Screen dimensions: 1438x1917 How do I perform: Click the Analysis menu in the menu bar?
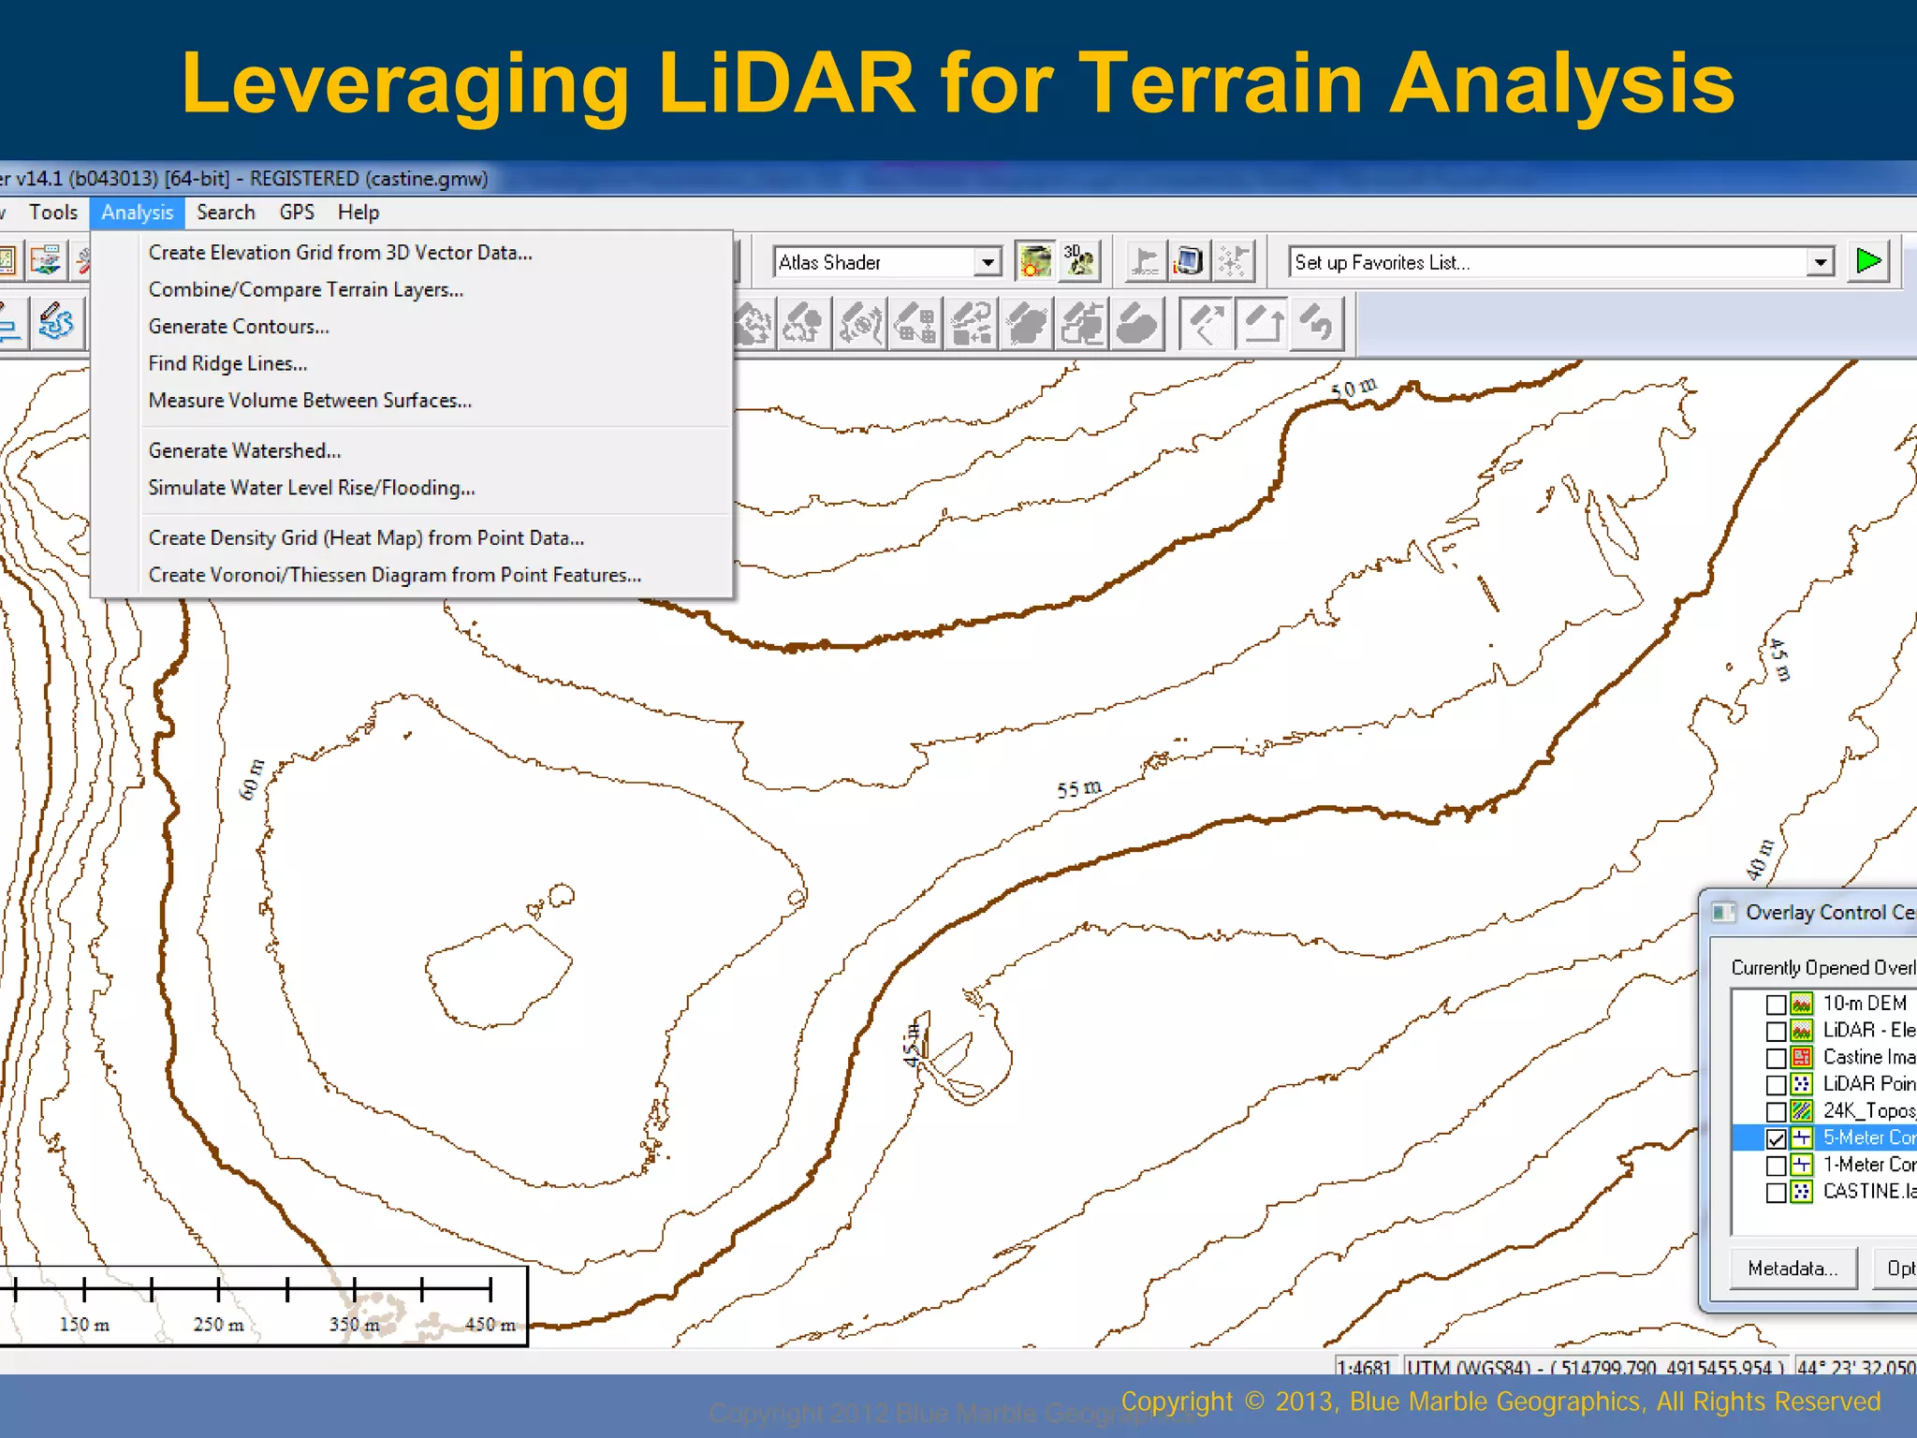click(137, 213)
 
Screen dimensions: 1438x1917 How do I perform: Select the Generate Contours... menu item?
click(239, 327)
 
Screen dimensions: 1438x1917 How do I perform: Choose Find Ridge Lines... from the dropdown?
click(227, 363)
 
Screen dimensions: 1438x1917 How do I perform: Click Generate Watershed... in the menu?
click(244, 450)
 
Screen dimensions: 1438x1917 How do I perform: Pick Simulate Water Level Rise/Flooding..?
click(312, 488)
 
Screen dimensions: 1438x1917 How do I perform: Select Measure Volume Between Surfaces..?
click(310, 401)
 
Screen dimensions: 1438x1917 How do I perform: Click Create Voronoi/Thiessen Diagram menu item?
click(394, 575)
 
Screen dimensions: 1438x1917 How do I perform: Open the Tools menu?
click(52, 213)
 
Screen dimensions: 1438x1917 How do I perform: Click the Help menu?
click(359, 213)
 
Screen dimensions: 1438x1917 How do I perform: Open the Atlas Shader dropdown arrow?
click(988, 262)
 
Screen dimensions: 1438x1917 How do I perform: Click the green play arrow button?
click(1868, 261)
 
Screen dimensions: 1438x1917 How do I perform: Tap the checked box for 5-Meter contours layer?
click(1776, 1138)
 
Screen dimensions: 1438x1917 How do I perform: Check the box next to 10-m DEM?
click(1776, 1005)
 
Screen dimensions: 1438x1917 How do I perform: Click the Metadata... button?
click(1793, 1269)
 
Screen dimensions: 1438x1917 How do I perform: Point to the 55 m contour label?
click(1078, 788)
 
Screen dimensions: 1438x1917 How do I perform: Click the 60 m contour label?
click(252, 779)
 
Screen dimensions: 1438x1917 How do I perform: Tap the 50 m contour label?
click(1354, 388)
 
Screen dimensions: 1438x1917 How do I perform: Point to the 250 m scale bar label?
click(218, 1325)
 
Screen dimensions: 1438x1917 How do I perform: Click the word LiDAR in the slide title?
click(786, 84)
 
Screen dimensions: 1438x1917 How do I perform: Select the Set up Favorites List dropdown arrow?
click(1820, 262)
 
